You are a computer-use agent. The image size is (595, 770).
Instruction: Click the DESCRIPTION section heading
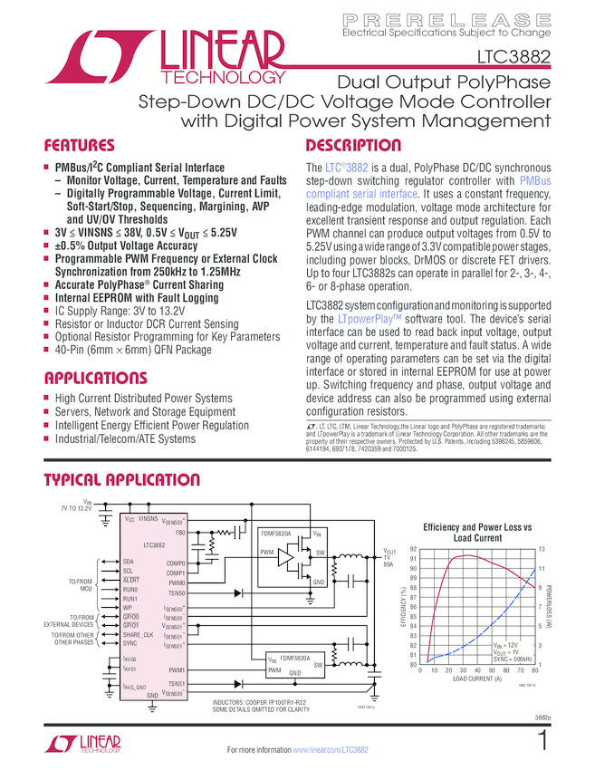click(x=353, y=145)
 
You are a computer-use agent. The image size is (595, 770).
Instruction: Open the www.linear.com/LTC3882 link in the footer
click(x=331, y=750)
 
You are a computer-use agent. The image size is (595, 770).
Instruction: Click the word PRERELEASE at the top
click(x=447, y=19)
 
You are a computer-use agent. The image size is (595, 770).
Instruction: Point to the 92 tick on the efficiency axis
click(x=413, y=549)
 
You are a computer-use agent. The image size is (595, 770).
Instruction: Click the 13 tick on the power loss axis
click(x=542, y=549)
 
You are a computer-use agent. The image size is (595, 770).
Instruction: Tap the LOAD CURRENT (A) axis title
click(x=477, y=679)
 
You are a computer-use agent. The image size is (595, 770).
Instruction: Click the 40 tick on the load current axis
click(x=477, y=670)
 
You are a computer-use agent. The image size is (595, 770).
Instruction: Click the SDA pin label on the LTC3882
click(x=128, y=562)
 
